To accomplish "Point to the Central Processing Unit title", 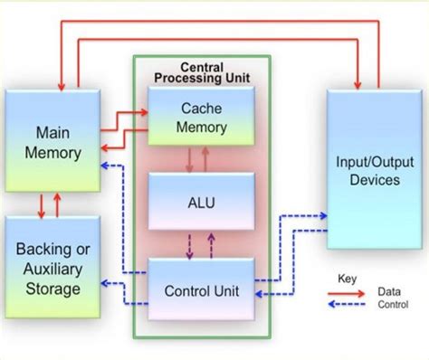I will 202,73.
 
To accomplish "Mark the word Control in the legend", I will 393,306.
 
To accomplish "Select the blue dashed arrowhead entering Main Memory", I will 104,165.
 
